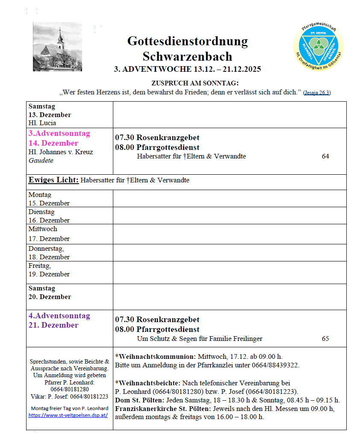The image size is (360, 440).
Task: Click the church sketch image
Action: point(57,47)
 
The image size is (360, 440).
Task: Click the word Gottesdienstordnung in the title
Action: point(187,41)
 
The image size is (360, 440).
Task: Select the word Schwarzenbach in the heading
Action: point(187,56)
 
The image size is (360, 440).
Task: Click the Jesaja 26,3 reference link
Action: point(317,93)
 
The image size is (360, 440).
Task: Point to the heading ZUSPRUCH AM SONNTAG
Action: point(195,83)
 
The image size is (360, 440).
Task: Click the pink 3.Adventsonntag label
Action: point(59,133)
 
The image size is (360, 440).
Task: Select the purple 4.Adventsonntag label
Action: point(59,316)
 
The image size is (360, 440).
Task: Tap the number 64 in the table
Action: point(325,156)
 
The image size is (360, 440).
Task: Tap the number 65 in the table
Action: point(325,339)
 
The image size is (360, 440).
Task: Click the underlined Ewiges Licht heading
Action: point(53,180)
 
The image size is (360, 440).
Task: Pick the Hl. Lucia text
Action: point(42,123)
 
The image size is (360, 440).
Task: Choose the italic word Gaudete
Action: point(41,161)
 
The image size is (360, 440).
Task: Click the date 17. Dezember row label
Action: point(49,238)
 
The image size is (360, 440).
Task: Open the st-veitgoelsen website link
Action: point(68,415)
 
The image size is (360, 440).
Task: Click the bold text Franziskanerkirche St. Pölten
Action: point(163,408)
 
